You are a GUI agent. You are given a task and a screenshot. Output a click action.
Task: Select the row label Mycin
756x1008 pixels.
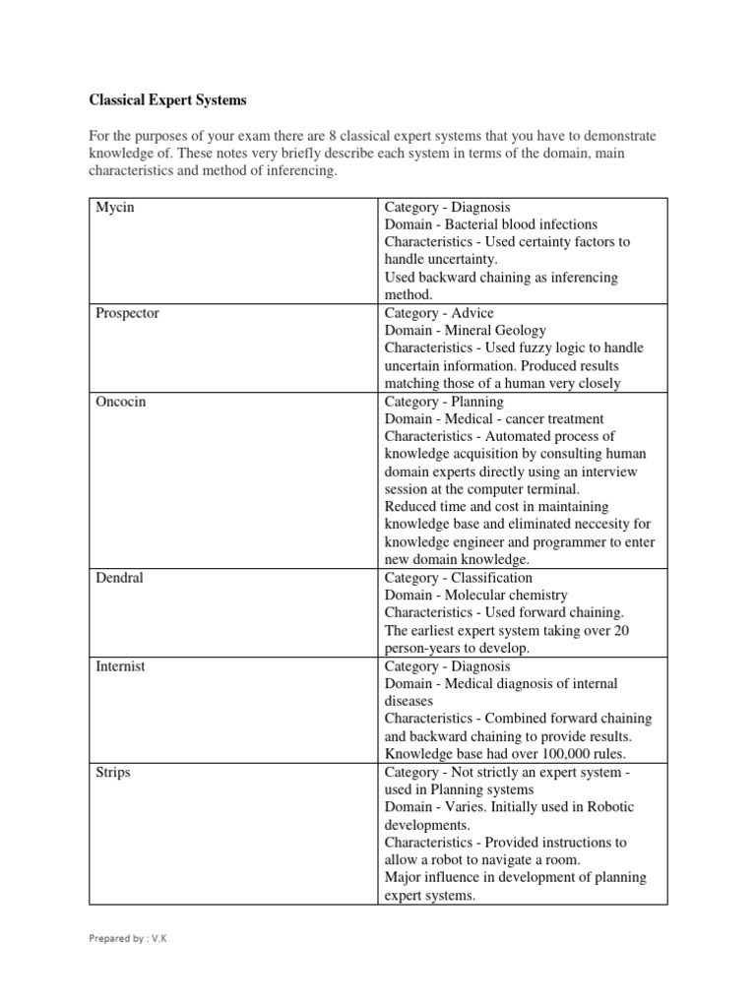pos(114,207)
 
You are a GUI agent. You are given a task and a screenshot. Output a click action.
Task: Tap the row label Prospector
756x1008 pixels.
pos(127,313)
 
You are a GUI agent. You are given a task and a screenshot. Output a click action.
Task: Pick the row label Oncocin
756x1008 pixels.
pos(120,402)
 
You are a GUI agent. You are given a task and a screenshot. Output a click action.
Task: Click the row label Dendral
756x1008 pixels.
pos(119,578)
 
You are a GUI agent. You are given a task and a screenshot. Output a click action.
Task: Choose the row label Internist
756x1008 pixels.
pos(120,666)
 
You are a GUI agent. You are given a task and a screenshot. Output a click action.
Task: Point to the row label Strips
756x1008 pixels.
pos(113,773)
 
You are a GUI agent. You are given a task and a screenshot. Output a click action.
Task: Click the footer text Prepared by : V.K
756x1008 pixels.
pos(129,938)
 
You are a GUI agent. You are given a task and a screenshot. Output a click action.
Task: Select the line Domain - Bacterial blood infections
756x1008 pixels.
pos(491,224)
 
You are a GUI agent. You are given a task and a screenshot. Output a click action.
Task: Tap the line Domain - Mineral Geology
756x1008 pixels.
pos(465,331)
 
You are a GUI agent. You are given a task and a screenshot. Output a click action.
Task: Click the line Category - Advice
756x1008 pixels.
pos(439,313)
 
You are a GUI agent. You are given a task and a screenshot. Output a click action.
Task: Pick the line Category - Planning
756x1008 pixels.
pos(444,402)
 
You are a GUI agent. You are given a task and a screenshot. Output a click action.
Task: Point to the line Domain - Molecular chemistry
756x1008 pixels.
pos(476,596)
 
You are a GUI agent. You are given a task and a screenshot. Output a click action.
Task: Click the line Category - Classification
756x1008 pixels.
pos(459,578)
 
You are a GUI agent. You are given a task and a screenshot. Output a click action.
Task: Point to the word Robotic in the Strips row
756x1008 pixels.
pos(610,807)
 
